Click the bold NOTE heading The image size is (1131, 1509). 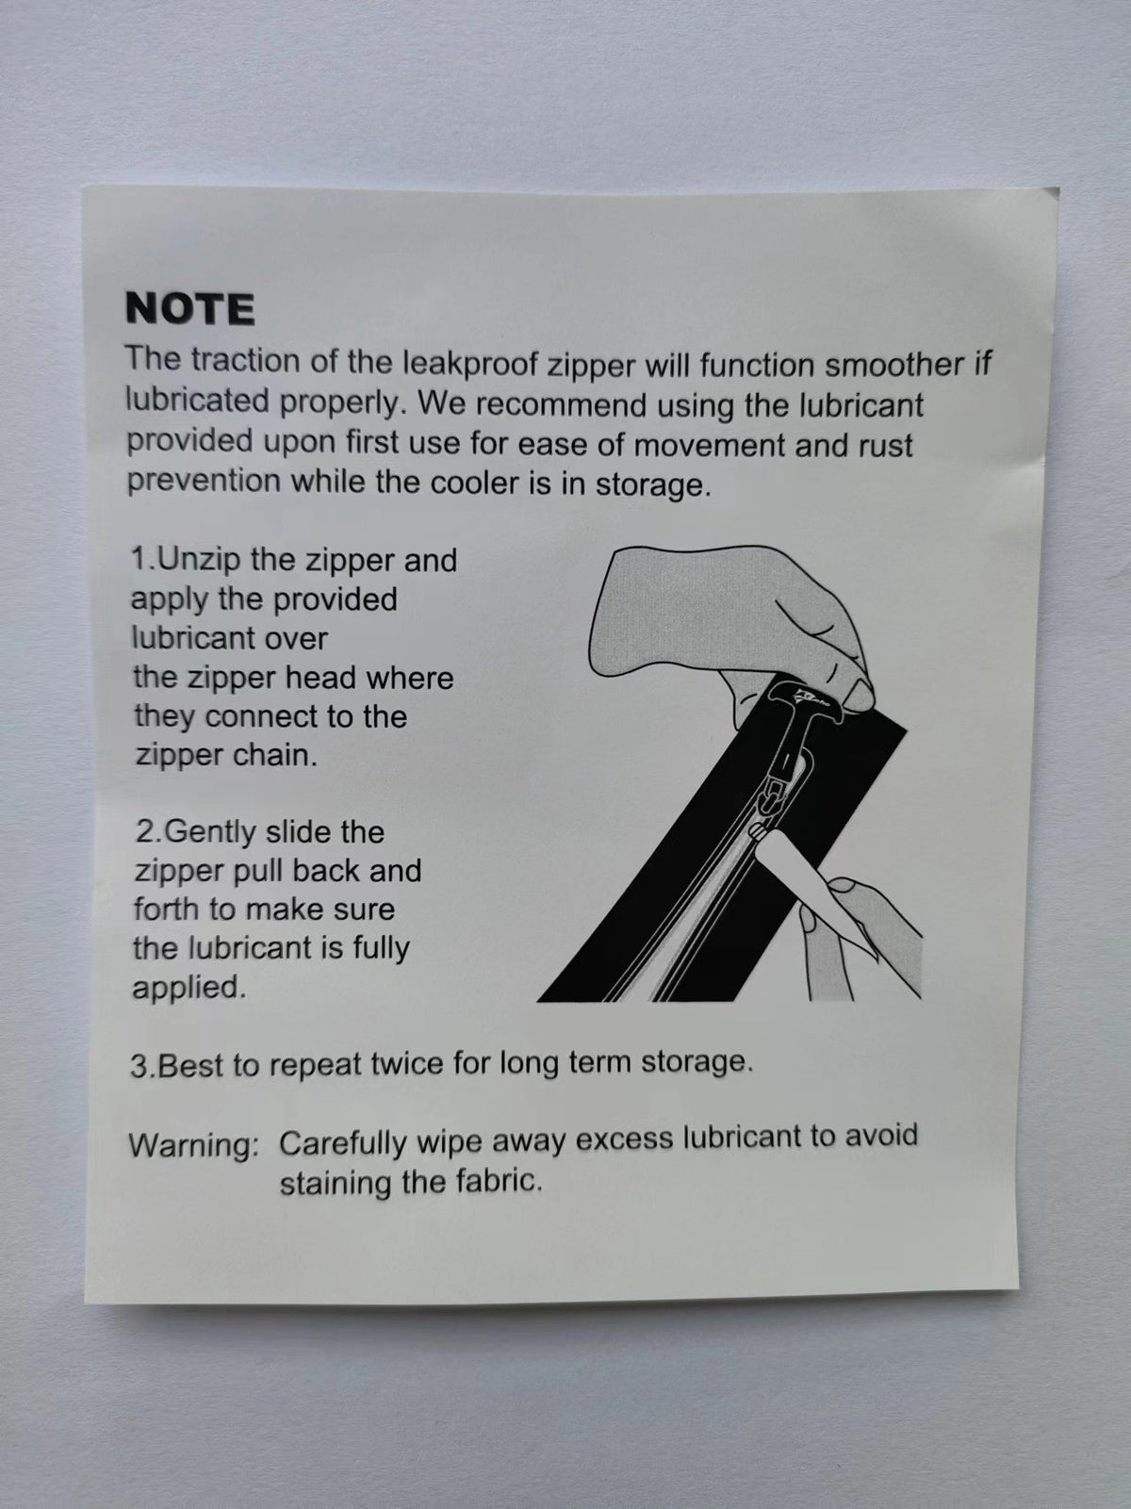click(x=189, y=309)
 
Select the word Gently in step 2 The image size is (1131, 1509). click(x=209, y=832)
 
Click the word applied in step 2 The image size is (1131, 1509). click(x=188, y=988)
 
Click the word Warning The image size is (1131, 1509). click(x=193, y=1145)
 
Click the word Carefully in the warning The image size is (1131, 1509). click(x=343, y=1143)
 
